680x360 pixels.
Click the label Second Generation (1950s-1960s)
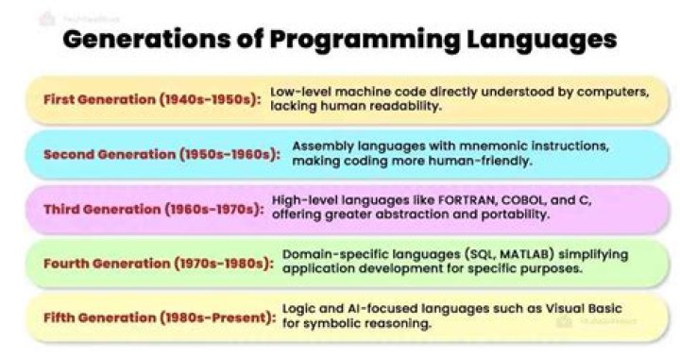click(161, 154)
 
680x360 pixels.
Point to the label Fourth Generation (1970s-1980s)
click(157, 262)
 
